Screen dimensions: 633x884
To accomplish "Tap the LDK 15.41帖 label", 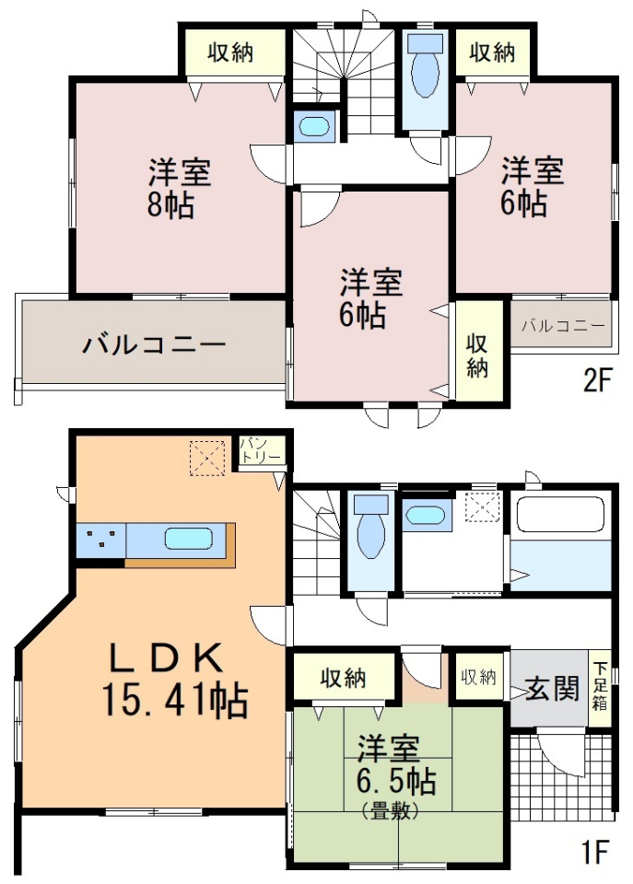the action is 175,681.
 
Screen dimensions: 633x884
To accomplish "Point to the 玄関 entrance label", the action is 552,689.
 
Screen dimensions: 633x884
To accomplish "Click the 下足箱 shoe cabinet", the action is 600,687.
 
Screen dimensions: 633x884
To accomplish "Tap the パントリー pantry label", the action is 261,450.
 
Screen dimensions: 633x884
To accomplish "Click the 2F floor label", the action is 597,381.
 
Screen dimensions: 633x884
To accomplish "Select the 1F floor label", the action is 593,852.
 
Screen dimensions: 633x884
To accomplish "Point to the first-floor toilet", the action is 370,526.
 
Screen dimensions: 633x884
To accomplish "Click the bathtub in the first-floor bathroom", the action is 560,514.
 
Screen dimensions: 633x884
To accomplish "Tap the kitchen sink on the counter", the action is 189,539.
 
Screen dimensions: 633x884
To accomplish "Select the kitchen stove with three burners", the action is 101,540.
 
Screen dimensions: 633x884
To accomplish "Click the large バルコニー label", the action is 154,344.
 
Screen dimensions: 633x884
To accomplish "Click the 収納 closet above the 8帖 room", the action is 230,52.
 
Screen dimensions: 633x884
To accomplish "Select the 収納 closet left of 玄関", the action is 479,677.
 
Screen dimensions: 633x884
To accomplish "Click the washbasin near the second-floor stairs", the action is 313,126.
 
